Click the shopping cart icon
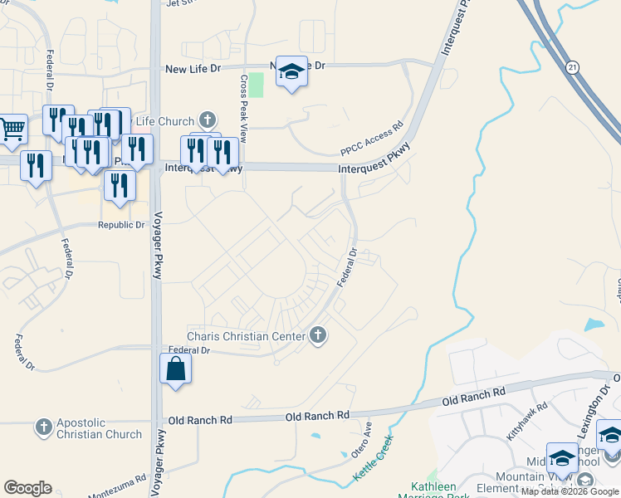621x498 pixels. [x=12, y=129]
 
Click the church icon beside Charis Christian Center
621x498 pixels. [x=316, y=335]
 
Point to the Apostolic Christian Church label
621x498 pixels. [x=100, y=428]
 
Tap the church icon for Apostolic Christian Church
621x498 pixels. [x=44, y=428]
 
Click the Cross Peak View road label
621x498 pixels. [x=244, y=109]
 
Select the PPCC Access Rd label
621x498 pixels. [x=371, y=139]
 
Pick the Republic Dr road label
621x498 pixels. [x=122, y=225]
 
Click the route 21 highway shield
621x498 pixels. [x=573, y=66]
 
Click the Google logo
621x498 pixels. [x=27, y=488]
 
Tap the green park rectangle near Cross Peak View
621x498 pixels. [x=257, y=85]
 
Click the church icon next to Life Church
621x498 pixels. [x=208, y=121]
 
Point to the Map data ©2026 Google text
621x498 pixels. [x=570, y=491]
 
